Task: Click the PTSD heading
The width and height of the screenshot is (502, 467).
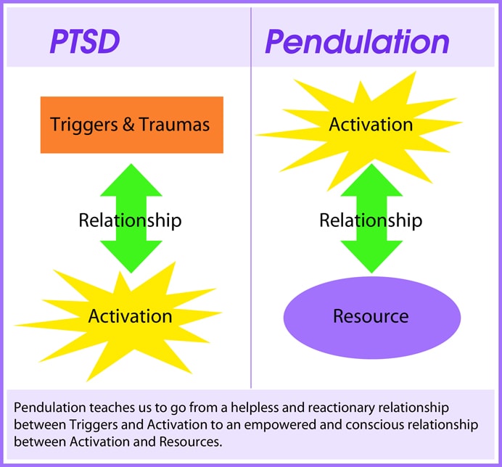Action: pyautogui.click(x=84, y=43)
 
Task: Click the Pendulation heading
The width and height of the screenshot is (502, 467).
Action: pyautogui.click(x=356, y=43)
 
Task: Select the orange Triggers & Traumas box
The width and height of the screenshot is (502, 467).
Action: pyautogui.click(x=131, y=124)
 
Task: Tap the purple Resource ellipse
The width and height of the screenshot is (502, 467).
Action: pyautogui.click(x=371, y=317)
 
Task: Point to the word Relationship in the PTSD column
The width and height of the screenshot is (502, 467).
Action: pyautogui.click(x=130, y=220)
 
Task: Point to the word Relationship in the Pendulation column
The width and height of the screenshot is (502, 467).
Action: pyautogui.click(x=371, y=220)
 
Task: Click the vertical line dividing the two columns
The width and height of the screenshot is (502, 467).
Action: pyautogui.click(x=251, y=218)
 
